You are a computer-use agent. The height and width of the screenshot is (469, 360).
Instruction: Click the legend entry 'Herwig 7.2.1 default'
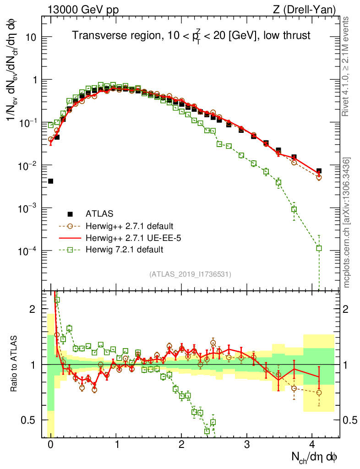coord(125,250)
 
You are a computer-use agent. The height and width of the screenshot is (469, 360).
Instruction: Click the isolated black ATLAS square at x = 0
coord(50,181)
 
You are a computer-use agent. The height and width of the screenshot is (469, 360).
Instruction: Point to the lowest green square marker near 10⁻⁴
coord(319,248)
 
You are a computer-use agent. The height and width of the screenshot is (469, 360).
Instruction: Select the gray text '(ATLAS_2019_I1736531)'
coord(190,274)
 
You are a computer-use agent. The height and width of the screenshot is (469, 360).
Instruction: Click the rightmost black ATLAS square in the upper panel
coord(319,171)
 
